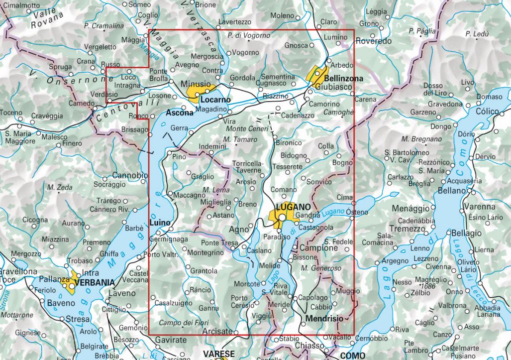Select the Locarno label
[x=216, y=100]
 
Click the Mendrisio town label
[x=324, y=318]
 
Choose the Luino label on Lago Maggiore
[x=160, y=222]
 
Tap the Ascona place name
[x=176, y=112]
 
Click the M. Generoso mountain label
[x=321, y=268]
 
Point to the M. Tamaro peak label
[x=240, y=139]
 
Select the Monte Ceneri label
[x=245, y=129]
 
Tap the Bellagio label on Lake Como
[x=466, y=233]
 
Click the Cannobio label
[x=130, y=175]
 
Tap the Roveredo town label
[x=373, y=41]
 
